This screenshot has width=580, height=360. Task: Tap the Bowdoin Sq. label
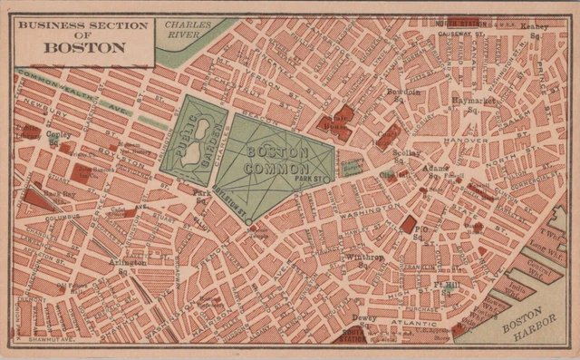pos(403,96)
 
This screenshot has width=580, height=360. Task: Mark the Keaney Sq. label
pos(535,31)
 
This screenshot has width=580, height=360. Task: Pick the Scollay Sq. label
pos(405,157)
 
